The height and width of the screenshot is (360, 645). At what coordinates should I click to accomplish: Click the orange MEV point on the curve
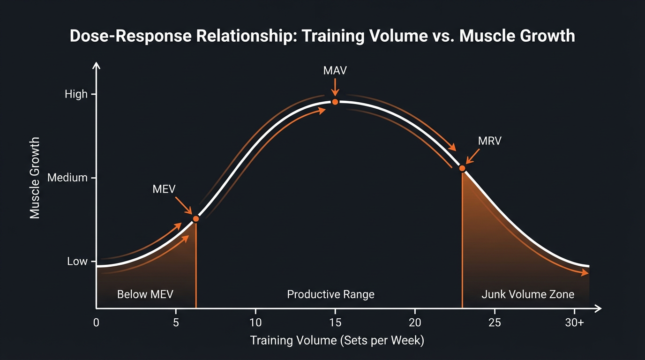(196, 219)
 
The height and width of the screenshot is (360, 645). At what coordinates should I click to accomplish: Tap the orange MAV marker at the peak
(335, 102)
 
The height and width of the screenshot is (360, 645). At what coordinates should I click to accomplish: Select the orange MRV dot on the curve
(462, 168)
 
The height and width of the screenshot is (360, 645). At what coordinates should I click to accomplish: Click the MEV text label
(164, 189)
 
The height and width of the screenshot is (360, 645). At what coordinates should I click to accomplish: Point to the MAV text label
(335, 71)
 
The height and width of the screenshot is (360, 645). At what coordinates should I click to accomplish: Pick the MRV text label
(489, 141)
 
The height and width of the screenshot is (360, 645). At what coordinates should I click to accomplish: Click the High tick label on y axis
(76, 94)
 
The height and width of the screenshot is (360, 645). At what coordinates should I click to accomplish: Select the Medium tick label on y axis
(67, 178)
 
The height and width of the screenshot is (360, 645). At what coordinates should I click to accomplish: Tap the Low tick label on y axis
(77, 261)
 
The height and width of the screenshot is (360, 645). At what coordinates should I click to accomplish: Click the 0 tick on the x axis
(96, 322)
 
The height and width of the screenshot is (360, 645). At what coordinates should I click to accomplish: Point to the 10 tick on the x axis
(255, 322)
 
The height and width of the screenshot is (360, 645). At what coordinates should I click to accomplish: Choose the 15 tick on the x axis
(335, 322)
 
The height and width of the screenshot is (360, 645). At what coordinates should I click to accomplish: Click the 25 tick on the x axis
(495, 322)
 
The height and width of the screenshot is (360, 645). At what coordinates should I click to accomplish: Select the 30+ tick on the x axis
(574, 322)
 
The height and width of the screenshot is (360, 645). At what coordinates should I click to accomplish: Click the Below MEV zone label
(145, 294)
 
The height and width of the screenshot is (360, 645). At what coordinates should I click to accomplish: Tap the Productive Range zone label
(330, 294)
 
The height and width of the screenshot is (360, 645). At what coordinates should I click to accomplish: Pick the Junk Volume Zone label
(527, 294)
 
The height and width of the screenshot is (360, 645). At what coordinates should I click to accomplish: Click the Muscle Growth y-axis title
(35, 178)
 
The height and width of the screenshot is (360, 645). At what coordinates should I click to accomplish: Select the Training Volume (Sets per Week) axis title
(337, 340)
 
